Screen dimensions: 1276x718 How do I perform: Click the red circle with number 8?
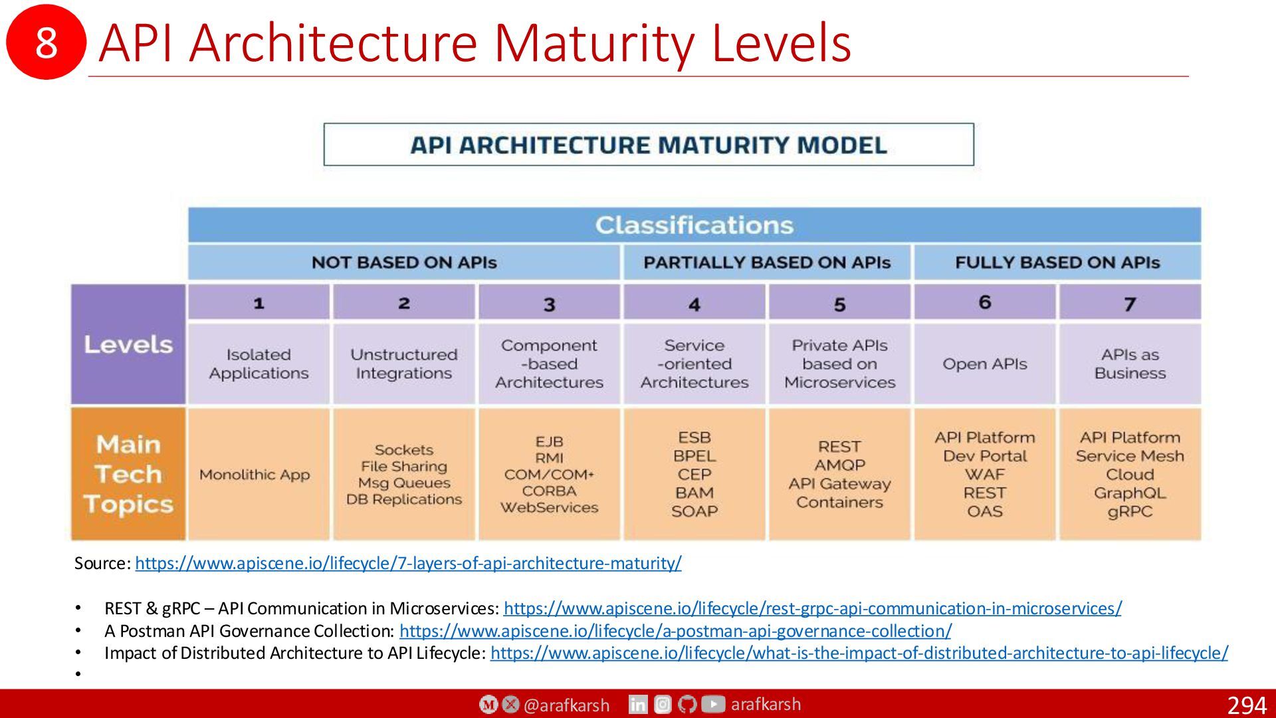tap(46, 41)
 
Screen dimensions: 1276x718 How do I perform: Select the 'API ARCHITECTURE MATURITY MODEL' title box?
tap(649, 144)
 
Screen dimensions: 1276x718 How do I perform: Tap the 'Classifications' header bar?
tap(694, 225)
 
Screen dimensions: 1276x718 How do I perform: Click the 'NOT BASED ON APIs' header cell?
tap(404, 263)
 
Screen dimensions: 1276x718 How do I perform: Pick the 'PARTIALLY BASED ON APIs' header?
tap(767, 263)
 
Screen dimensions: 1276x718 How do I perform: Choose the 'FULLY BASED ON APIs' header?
tap(1057, 263)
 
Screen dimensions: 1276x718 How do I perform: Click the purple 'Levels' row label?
tap(128, 344)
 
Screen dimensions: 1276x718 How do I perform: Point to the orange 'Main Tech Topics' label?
tap(128, 474)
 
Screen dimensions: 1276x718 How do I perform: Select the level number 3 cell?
tap(549, 303)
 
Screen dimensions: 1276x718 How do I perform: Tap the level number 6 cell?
tap(985, 302)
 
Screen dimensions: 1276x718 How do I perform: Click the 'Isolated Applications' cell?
tap(259, 364)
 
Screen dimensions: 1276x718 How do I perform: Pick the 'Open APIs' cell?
tap(985, 364)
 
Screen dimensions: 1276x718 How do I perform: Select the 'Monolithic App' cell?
tap(259, 474)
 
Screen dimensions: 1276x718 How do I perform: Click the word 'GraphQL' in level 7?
tap(1130, 493)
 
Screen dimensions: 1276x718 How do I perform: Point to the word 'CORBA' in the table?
tap(549, 491)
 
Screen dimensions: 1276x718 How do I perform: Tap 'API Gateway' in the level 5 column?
tap(839, 484)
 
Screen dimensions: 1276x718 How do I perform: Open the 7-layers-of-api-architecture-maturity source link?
tap(408, 563)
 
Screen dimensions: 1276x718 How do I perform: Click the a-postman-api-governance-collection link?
tap(675, 631)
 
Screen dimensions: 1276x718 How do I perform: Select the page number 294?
tap(1247, 705)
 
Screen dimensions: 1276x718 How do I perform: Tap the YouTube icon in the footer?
tap(713, 704)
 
